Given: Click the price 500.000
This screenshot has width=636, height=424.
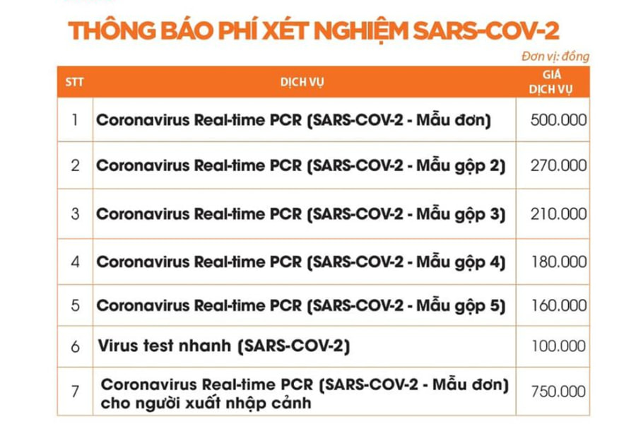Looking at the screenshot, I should (558, 119).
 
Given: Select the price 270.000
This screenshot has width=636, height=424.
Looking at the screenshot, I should (558, 165).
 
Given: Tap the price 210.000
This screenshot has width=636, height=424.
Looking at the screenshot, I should (558, 213).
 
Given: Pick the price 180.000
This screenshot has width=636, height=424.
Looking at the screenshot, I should (558, 262).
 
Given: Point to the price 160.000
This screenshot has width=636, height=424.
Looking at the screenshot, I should (558, 306).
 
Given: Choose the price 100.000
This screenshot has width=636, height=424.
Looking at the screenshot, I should (558, 347).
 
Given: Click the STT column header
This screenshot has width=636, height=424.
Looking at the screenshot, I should (74, 82).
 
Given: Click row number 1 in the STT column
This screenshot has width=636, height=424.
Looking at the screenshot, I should (75, 119).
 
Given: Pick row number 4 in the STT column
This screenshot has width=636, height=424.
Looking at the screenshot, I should (75, 262).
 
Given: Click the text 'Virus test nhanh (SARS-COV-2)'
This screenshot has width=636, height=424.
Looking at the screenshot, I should (223, 347).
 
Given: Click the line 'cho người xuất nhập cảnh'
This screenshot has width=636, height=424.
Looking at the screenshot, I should (206, 404).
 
